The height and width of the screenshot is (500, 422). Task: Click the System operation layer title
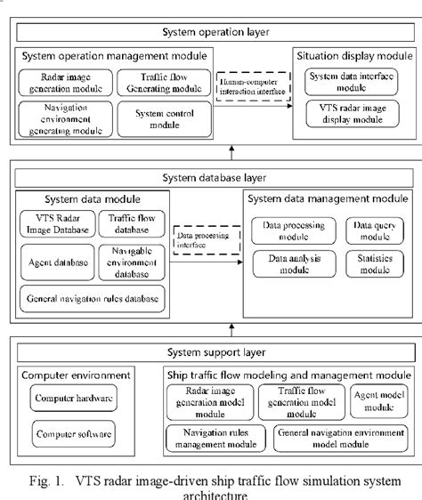point(215,33)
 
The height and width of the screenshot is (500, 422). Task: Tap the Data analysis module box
point(293,262)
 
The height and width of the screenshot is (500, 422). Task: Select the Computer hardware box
point(74,399)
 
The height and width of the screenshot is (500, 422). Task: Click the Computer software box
point(74,435)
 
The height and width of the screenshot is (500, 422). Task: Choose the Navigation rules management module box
point(215,438)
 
